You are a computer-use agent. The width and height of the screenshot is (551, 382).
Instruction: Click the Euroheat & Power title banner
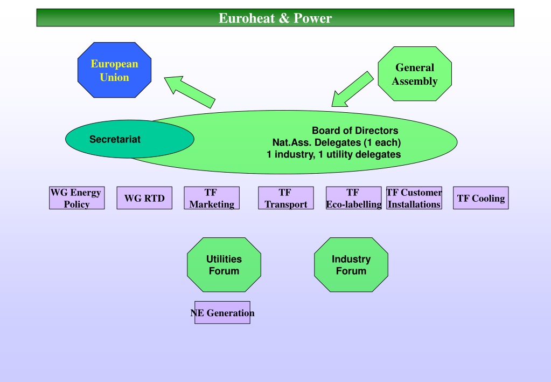click(x=275, y=18)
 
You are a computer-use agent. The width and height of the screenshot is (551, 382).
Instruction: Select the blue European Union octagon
click(x=115, y=70)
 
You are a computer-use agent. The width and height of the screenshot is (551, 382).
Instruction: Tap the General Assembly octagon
click(x=415, y=74)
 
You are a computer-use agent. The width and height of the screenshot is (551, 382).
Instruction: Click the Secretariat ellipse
click(x=130, y=139)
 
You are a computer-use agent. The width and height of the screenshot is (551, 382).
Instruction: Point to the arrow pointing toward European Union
click(x=190, y=92)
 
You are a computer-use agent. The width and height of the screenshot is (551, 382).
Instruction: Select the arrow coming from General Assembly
click(x=352, y=89)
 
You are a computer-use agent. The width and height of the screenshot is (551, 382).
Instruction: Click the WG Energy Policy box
click(x=77, y=198)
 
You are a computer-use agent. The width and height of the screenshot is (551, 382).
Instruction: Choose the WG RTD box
click(x=144, y=198)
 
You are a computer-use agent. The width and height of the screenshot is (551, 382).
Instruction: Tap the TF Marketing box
click(x=212, y=198)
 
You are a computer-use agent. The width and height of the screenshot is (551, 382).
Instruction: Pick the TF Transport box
click(x=285, y=198)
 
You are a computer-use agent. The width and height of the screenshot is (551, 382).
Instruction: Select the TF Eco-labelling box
click(x=353, y=198)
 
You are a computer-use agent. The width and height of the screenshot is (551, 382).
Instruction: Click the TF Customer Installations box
click(x=414, y=198)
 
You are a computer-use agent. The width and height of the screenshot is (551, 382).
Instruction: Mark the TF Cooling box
click(x=481, y=198)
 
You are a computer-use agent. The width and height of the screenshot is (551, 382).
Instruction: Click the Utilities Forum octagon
click(x=224, y=265)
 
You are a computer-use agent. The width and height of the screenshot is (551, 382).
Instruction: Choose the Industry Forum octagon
click(x=351, y=265)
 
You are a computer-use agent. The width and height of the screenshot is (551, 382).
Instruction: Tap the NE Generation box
click(x=222, y=312)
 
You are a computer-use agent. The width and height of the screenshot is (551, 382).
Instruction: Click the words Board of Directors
click(x=355, y=131)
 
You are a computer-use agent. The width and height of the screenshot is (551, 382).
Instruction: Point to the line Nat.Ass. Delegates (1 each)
click(x=337, y=142)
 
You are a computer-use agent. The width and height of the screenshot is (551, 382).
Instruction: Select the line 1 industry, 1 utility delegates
click(x=333, y=154)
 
